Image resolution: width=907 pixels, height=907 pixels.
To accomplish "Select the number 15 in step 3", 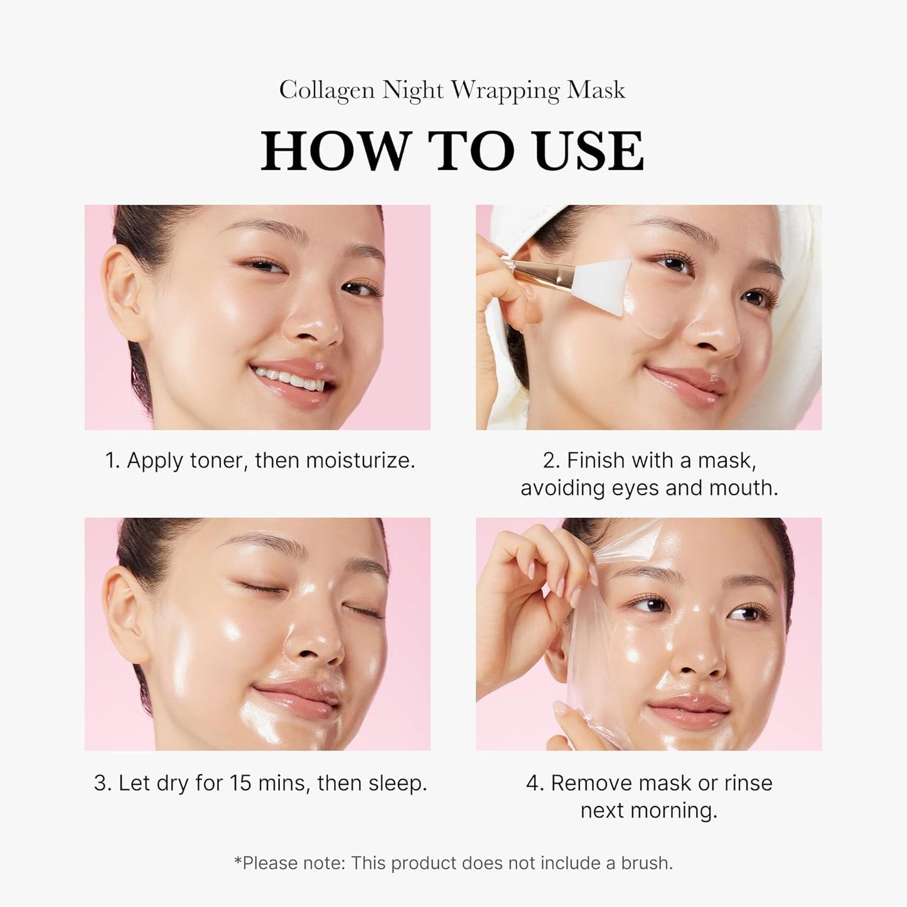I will (x=239, y=783).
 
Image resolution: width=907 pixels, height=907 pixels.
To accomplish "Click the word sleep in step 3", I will (x=397, y=783).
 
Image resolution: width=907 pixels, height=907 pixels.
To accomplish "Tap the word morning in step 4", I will (x=681, y=811).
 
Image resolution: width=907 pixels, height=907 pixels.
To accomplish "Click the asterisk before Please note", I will (x=238, y=861).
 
